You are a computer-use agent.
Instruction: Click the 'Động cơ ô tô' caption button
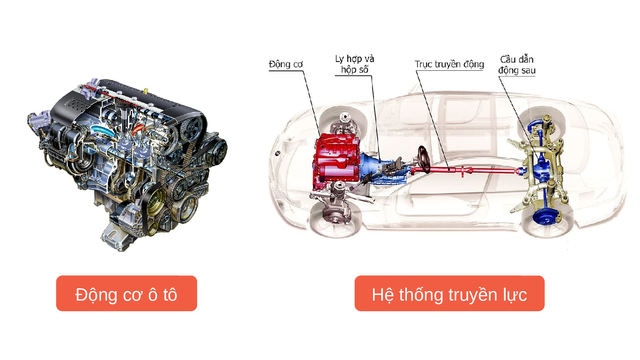[127, 293]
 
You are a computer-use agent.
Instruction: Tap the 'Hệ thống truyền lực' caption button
[449, 293]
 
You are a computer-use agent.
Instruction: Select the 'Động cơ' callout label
[286, 64]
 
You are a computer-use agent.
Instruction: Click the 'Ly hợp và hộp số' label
[355, 64]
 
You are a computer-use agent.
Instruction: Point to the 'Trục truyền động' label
[449, 64]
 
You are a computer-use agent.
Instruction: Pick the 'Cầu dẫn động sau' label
[517, 65]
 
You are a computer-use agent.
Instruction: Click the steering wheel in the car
[424, 159]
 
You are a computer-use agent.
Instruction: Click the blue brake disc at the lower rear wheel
[546, 217]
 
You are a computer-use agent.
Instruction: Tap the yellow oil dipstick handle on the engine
[146, 91]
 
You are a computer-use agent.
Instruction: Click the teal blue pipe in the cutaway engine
[103, 131]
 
